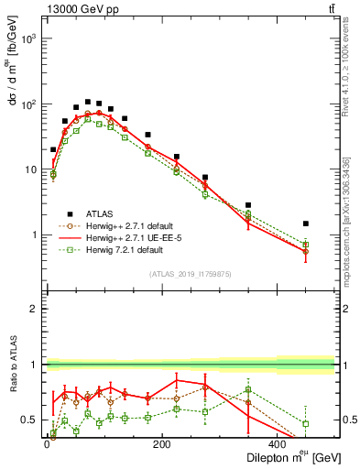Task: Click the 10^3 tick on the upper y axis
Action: click(27, 39)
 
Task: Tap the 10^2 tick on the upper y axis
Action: click(27, 104)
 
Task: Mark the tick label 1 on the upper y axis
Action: click(34, 234)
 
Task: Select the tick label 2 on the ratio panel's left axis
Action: click(34, 309)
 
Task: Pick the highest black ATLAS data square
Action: click(88, 102)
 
